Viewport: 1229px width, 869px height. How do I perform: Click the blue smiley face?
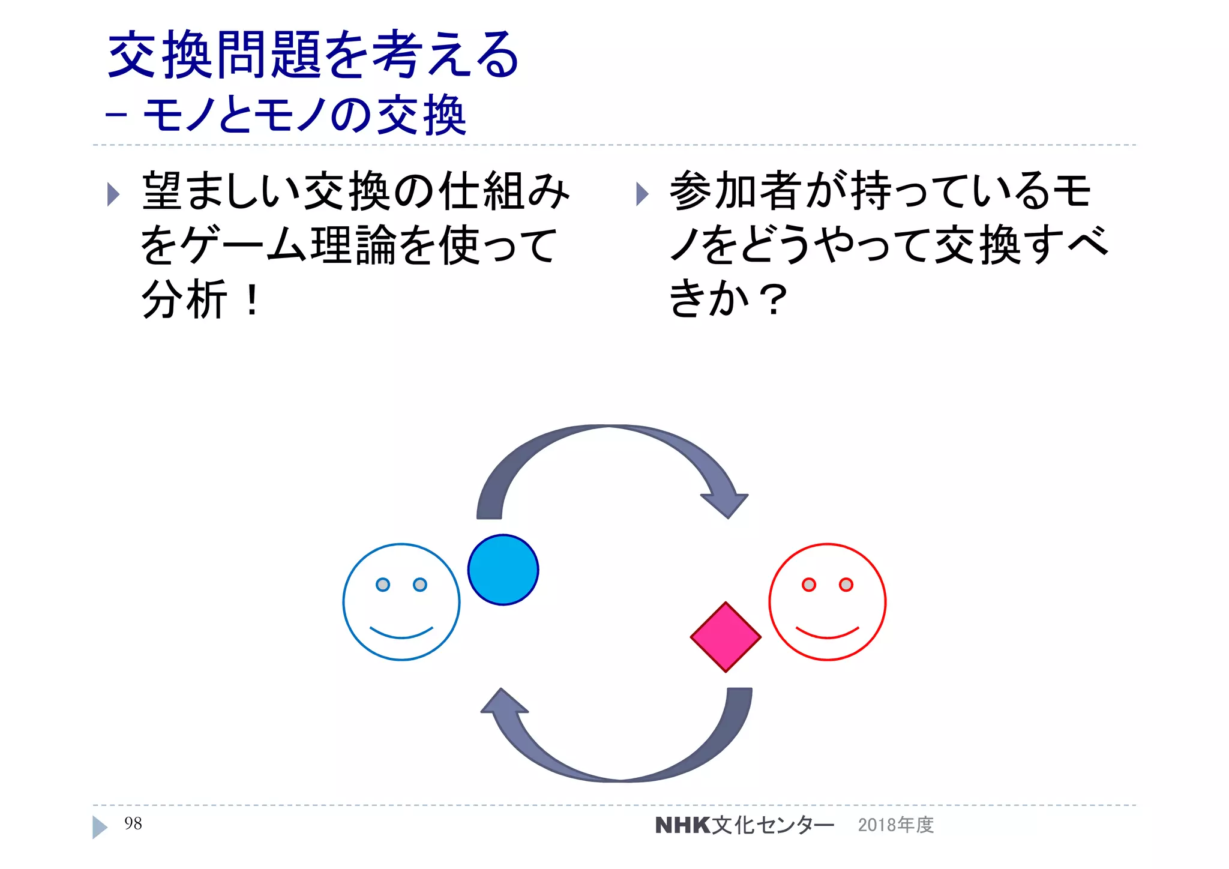tap(401, 602)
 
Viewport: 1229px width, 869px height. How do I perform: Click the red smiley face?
tap(827, 602)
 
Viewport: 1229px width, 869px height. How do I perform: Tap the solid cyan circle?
tap(503, 570)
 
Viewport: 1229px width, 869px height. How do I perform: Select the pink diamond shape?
tap(726, 637)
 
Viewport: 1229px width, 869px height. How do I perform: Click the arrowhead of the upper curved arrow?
tap(726, 504)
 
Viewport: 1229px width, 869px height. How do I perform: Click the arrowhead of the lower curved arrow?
tap(503, 702)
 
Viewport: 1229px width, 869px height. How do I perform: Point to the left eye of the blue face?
tap(382, 585)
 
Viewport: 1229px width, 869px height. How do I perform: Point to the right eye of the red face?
tap(846, 585)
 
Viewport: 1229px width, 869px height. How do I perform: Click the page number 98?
tap(133, 823)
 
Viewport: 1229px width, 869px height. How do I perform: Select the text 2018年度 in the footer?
tap(895, 825)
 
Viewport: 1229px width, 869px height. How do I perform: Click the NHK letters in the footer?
tap(683, 825)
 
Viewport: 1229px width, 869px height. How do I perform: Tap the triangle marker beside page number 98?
tap(99, 827)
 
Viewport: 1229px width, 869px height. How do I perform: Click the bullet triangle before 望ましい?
tap(113, 194)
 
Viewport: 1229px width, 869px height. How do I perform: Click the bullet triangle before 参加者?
tap(642, 194)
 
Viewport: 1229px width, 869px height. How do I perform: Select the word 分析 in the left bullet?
tap(184, 299)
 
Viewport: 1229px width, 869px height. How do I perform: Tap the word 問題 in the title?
tap(268, 55)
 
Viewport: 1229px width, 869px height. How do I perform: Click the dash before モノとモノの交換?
tap(116, 114)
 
